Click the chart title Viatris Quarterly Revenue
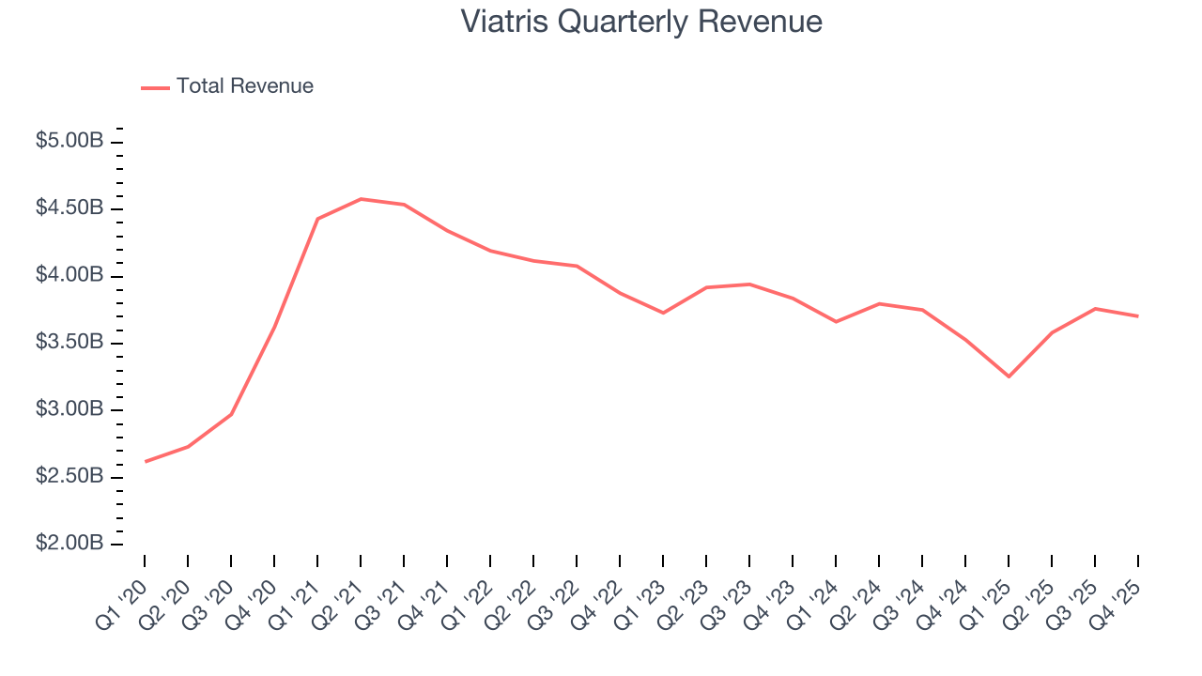641,22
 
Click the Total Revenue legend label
244,86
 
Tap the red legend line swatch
155,87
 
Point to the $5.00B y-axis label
69,141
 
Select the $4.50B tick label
69,207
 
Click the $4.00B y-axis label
69,275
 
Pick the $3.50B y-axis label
69,342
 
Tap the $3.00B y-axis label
69,409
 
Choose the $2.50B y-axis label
69,476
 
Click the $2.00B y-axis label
69,544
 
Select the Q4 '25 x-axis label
1117,593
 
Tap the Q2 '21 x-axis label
340,593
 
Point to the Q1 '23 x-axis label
642,593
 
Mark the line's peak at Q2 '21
361,199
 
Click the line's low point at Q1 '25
1009,376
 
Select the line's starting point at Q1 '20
145,462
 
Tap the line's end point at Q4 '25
1138,316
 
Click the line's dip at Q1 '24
836,322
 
